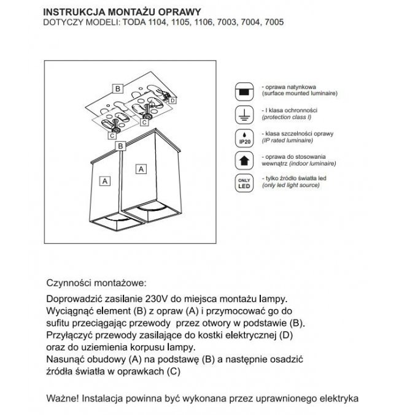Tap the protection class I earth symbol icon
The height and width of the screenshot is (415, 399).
coord(243,114)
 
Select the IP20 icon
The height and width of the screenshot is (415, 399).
coord(243,137)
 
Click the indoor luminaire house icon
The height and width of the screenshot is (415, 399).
coord(243,160)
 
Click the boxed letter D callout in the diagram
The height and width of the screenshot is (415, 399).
coord(173,100)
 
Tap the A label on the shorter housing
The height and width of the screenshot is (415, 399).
coord(105,181)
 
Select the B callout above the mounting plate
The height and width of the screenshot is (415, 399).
coord(117,88)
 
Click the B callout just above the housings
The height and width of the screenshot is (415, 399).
coord(122,146)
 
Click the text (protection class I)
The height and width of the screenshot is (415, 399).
coord(287,116)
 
